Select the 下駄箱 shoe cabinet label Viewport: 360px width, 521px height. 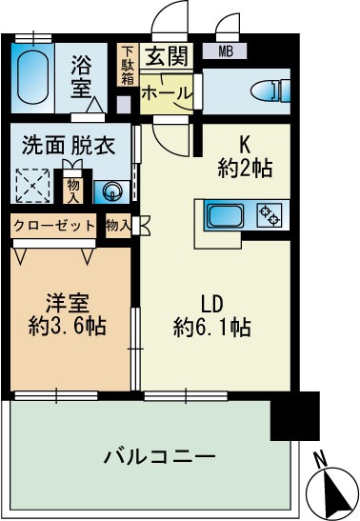point(127,66)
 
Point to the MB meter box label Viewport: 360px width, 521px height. point(229,51)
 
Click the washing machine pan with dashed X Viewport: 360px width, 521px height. point(35,184)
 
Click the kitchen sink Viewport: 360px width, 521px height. point(228,215)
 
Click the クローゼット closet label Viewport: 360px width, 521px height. point(53,226)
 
